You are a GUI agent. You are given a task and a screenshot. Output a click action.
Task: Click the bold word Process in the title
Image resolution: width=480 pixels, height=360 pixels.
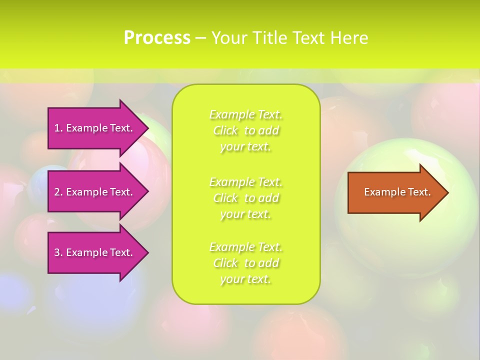[x=157, y=38]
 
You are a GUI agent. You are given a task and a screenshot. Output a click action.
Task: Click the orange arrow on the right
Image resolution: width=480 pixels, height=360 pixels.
[x=395, y=192]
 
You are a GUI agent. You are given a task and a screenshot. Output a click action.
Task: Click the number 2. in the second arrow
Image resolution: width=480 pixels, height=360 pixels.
[x=58, y=192]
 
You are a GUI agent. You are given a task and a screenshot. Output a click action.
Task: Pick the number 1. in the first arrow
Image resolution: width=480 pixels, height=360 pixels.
[x=58, y=128]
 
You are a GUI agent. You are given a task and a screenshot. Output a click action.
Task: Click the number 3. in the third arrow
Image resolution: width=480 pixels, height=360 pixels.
[x=58, y=252]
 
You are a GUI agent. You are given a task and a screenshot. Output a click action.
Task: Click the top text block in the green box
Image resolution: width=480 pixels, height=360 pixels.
[x=246, y=130]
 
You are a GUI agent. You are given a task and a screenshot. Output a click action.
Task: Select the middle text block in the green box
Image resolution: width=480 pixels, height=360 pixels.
[x=246, y=198]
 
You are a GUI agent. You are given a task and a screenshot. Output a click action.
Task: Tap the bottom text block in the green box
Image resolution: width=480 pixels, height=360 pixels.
[x=246, y=263]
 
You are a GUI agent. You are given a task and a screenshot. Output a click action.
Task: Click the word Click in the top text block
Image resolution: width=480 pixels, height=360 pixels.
[x=225, y=131]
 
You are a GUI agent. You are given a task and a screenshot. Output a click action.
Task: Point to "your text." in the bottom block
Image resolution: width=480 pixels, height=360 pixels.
[x=245, y=279]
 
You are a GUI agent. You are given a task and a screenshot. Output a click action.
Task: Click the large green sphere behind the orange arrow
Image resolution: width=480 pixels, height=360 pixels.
[x=405, y=240]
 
